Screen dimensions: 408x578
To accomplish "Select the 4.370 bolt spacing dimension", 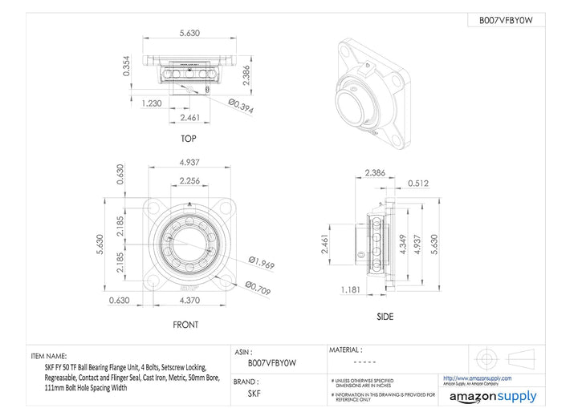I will tap(188, 300).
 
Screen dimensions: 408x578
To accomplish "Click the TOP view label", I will tap(189, 139).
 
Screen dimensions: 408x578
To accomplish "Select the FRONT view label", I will tap(185, 325).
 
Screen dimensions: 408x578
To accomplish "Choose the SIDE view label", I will tap(385, 317).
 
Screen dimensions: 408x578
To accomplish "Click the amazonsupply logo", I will tap(493, 396).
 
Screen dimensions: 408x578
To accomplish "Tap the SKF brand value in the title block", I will tap(254, 394).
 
